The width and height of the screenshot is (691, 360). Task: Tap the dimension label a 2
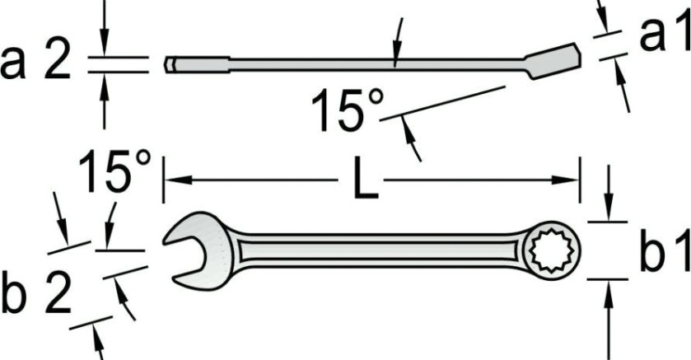[36, 63]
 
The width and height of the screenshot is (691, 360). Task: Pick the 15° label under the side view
[348, 112]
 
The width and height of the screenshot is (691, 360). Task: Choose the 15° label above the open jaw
[115, 171]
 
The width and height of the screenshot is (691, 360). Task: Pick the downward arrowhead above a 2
[104, 49]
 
